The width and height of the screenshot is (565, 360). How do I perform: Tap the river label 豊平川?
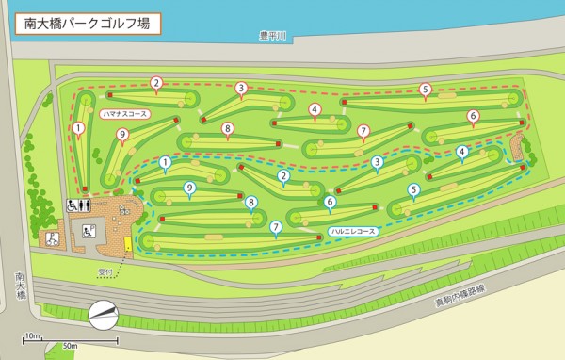pyautogui.click(x=272, y=37)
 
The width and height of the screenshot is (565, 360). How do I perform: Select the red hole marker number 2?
pyautogui.click(x=156, y=83)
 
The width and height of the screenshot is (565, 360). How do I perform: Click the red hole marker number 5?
pyautogui.click(x=425, y=90)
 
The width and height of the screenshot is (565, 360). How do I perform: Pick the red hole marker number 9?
pyautogui.click(x=121, y=136)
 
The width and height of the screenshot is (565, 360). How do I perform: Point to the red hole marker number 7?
pyautogui.click(x=363, y=130)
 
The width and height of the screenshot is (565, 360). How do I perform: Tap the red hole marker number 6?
pyautogui.click(x=473, y=116)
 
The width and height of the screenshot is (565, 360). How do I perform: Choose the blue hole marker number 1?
pyautogui.click(x=165, y=162)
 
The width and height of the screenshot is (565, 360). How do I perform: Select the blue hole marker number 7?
pyautogui.click(x=275, y=226)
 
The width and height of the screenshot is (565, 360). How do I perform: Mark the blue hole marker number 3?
pyautogui.click(x=376, y=162)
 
